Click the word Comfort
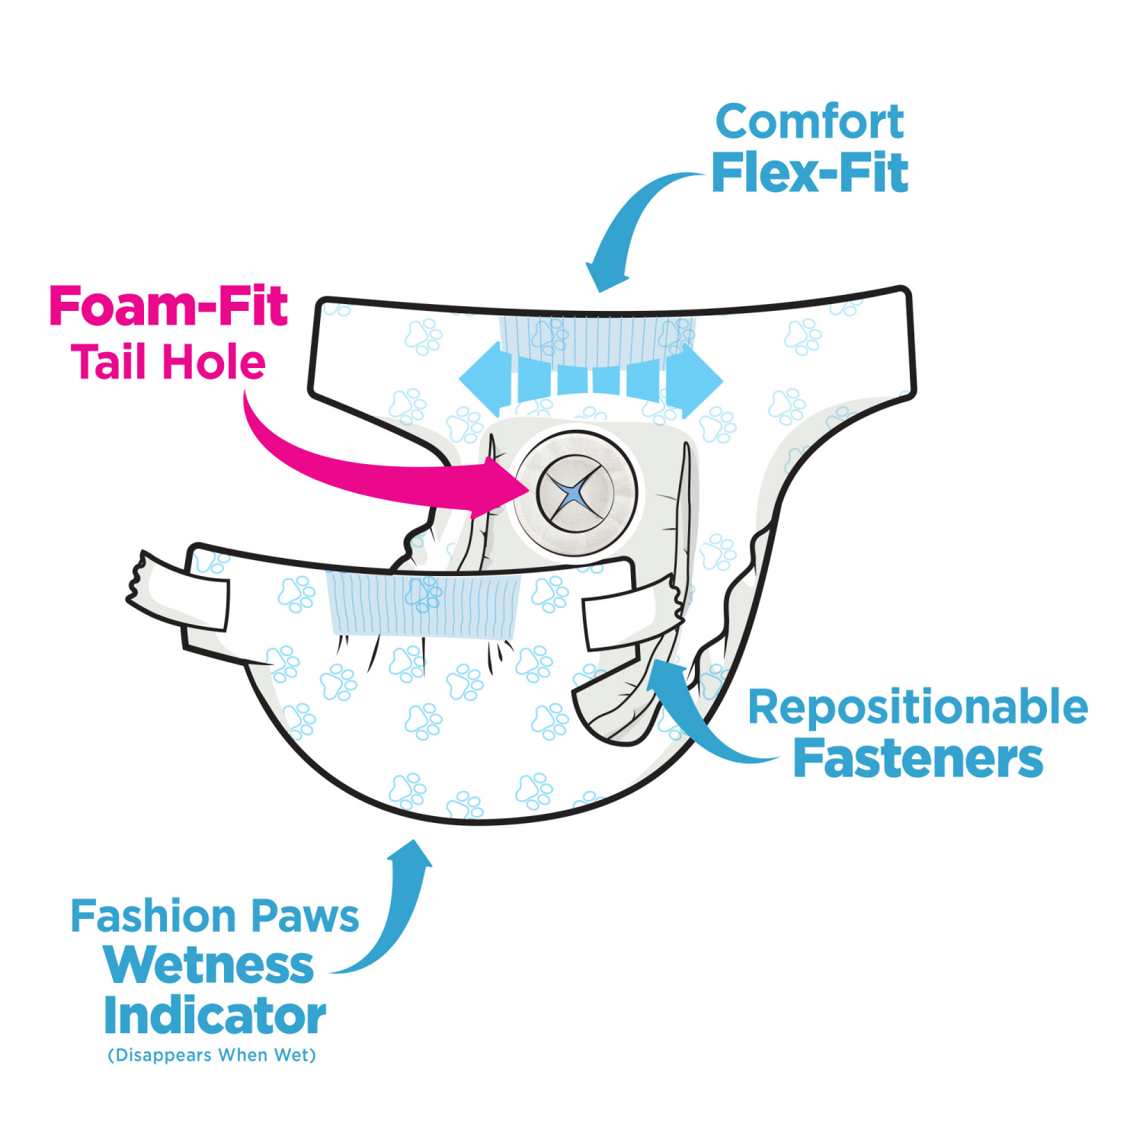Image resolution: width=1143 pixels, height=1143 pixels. pyautogui.click(x=809, y=122)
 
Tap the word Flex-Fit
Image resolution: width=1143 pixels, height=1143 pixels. pyautogui.click(x=809, y=174)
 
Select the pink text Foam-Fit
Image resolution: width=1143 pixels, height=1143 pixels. pyautogui.click(x=168, y=306)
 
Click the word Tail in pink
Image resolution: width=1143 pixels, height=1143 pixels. pyautogui.click(x=108, y=362)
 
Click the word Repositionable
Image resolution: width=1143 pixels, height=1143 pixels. pyautogui.click(x=917, y=707)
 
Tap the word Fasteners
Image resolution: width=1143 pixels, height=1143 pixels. pyautogui.click(x=917, y=759)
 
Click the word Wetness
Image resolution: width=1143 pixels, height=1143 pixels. pyautogui.click(x=209, y=966)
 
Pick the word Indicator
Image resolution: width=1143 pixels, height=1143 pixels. pyautogui.click(x=215, y=1017)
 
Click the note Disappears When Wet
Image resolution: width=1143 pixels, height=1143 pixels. pyautogui.click(x=212, y=1055)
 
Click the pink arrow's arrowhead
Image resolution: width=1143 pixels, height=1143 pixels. pyautogui.click(x=499, y=488)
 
